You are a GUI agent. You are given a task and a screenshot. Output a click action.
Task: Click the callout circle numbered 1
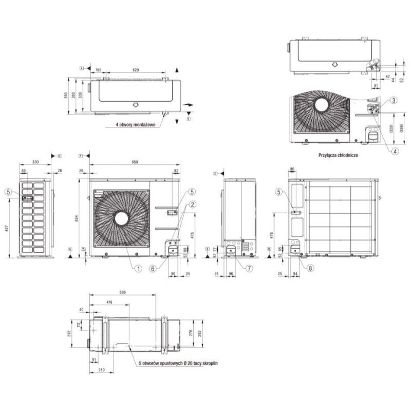(x=138, y=267)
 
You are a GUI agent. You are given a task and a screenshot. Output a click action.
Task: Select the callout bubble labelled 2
(x=192, y=204)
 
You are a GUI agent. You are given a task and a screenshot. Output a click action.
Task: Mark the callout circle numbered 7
(x=249, y=267)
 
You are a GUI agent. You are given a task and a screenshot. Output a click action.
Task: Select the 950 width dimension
(x=135, y=162)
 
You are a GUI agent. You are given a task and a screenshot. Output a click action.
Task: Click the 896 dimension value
(x=122, y=291)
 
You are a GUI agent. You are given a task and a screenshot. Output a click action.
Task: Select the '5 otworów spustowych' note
(x=179, y=363)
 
